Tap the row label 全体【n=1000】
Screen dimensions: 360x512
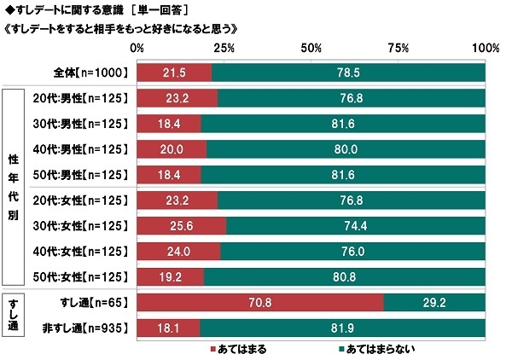(x=88, y=73)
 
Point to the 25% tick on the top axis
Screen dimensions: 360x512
(x=224, y=46)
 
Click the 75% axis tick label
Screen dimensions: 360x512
(x=399, y=46)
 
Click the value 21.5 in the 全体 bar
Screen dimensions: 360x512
(x=174, y=73)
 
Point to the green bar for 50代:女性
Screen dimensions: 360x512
(x=345, y=277)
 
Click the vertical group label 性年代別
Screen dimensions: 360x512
(x=15, y=188)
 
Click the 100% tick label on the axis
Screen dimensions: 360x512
(x=486, y=46)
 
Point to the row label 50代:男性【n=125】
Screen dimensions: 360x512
(x=82, y=175)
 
